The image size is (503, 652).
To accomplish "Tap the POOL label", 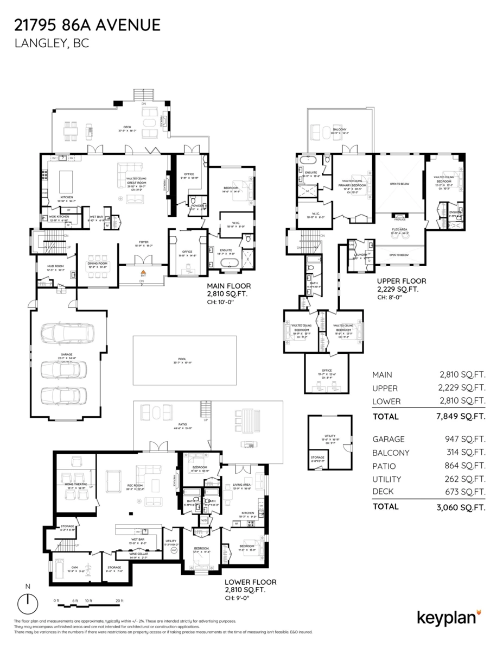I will [182, 359].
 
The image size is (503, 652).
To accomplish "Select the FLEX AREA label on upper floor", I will [399, 230].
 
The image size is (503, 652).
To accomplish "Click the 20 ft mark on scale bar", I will [119, 600].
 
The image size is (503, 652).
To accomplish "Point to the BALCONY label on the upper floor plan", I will [340, 129].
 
